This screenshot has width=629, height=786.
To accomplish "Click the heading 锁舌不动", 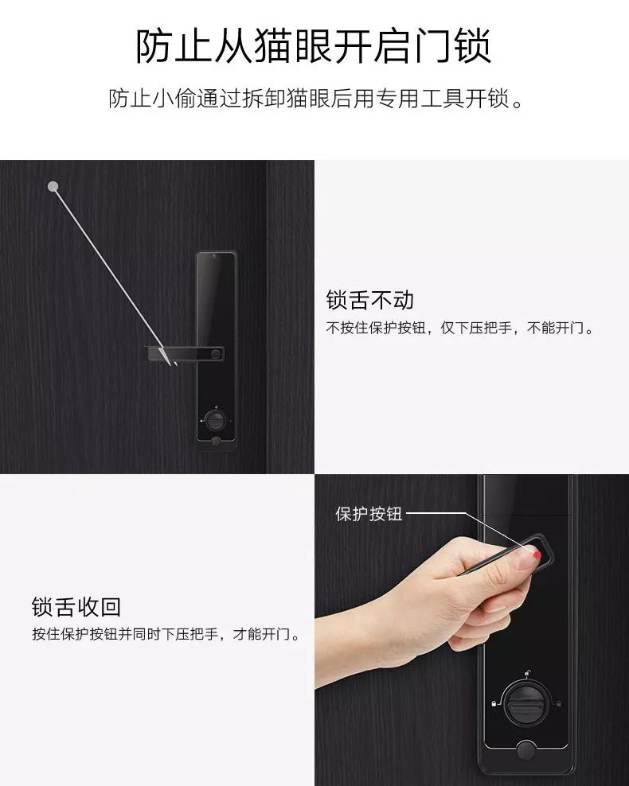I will click(370, 301).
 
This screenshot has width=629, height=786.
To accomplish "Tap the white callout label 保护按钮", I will click(369, 514).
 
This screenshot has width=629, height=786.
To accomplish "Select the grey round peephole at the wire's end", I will click(53, 187).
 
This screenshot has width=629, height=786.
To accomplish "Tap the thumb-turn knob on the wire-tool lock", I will click(215, 419).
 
